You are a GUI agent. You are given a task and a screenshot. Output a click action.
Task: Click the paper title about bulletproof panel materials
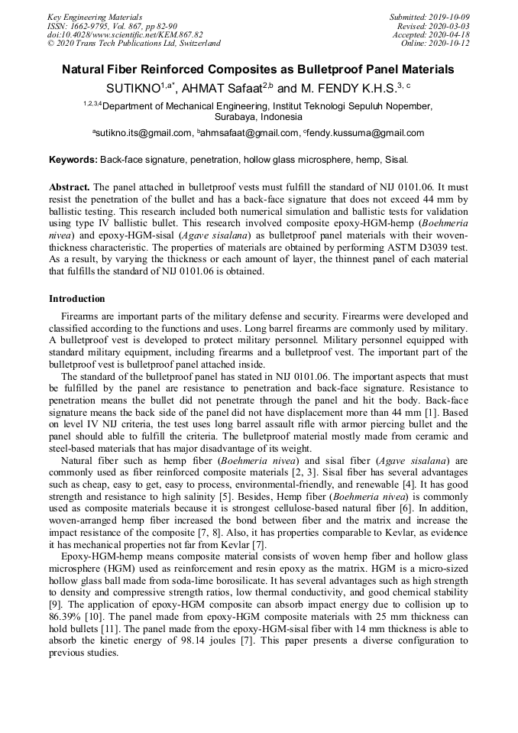coord(258,70)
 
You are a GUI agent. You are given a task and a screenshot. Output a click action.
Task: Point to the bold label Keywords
coord(73,161)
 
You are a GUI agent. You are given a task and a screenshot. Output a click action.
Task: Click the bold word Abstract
coord(70,186)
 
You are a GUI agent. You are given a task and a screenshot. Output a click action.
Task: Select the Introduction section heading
coord(77,299)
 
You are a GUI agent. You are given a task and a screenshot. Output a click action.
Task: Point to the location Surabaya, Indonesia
coord(258,118)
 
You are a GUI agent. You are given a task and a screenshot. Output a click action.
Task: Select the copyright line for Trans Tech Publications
coord(134,44)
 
